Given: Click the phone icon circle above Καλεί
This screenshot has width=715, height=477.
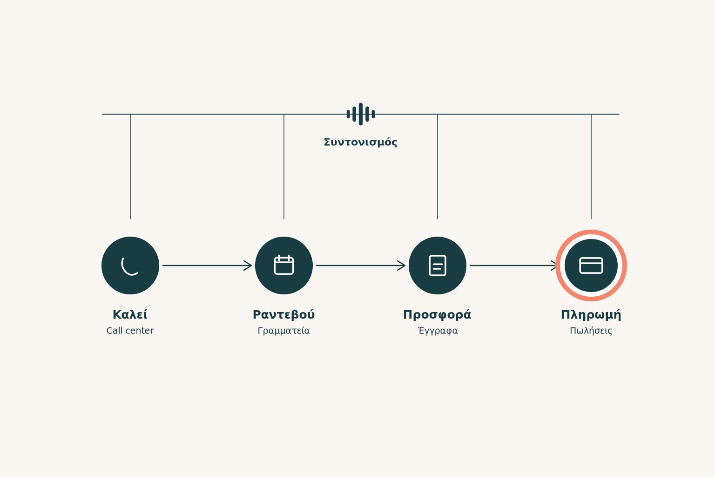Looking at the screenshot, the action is point(130,266).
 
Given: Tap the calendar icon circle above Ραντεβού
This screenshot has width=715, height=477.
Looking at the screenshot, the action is point(284,266).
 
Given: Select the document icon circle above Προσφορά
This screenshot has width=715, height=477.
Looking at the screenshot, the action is point(437,266).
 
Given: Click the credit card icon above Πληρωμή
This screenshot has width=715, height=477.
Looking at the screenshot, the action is point(591,266).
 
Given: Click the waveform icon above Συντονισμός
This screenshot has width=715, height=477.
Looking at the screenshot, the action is point(361,114).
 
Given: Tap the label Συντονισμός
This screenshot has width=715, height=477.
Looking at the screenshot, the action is point(361,142).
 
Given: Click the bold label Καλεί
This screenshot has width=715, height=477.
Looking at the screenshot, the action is point(130,315).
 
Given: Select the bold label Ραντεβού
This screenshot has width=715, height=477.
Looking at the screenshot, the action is point(284,315).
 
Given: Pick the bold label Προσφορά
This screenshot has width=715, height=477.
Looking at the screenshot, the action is point(437,315).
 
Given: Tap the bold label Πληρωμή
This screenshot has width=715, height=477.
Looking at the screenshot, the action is point(591,315).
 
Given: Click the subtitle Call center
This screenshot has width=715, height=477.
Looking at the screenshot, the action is point(130,331).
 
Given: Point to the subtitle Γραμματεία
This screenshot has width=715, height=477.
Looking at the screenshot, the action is point(284,331).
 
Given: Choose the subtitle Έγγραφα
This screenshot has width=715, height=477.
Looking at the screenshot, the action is point(438,331).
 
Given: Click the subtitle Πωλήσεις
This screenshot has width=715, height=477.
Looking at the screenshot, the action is point(591,331).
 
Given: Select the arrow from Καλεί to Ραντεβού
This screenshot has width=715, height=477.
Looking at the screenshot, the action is point(207,266).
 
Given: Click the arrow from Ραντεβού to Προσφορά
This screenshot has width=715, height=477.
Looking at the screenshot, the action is point(361,266).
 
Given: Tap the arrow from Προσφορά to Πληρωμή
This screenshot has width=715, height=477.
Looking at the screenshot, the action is point(513,266).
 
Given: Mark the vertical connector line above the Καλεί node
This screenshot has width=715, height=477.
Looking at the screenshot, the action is point(130,166).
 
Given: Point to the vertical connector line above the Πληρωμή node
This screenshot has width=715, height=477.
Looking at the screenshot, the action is point(591,166).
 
